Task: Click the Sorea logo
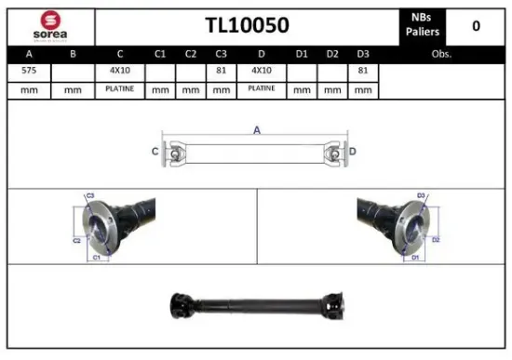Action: point(50,26)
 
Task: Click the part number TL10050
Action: point(247,25)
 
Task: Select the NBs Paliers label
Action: point(421,25)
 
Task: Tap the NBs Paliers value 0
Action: point(476,26)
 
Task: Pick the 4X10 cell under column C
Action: point(120,71)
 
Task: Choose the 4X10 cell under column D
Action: point(262,71)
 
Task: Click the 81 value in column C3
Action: point(221,71)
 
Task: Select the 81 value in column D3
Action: point(363,71)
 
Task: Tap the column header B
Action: point(74,54)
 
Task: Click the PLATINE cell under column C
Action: point(120,88)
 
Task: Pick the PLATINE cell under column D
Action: point(262,88)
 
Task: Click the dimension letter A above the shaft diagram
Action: point(257,130)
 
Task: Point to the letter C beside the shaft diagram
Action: point(155,151)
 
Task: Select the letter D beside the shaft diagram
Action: point(353,151)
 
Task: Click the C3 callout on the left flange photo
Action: point(90,195)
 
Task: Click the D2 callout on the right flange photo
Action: point(435,239)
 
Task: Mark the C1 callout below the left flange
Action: point(96,256)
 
